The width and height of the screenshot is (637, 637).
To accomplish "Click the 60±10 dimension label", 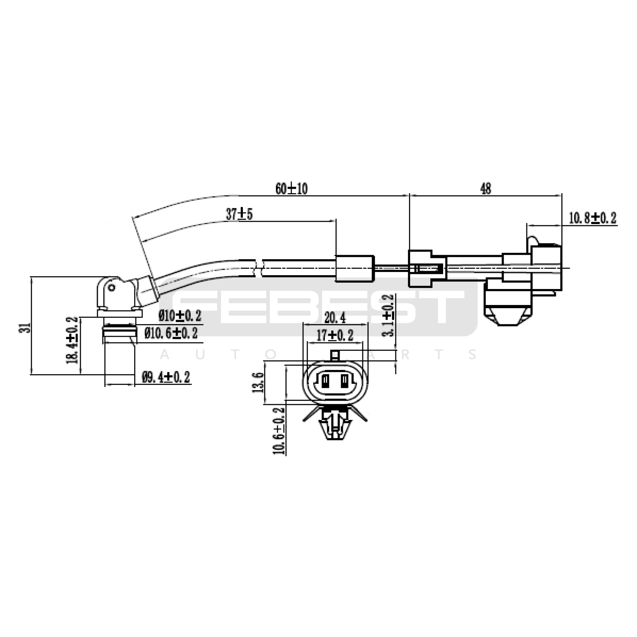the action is (291, 188).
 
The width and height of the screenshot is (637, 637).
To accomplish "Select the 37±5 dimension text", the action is (239, 214).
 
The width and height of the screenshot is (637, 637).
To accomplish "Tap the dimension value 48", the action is (486, 188).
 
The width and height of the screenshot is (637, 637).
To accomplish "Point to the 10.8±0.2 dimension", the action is (592, 218).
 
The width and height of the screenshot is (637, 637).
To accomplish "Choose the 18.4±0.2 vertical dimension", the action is (72, 340).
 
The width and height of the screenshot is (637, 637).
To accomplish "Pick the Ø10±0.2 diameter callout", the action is (180, 316).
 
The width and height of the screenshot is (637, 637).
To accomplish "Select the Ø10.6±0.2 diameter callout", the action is (171, 333).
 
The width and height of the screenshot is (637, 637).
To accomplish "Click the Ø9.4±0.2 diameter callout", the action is (166, 377).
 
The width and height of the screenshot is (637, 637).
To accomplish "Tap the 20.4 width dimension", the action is (335, 318).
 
